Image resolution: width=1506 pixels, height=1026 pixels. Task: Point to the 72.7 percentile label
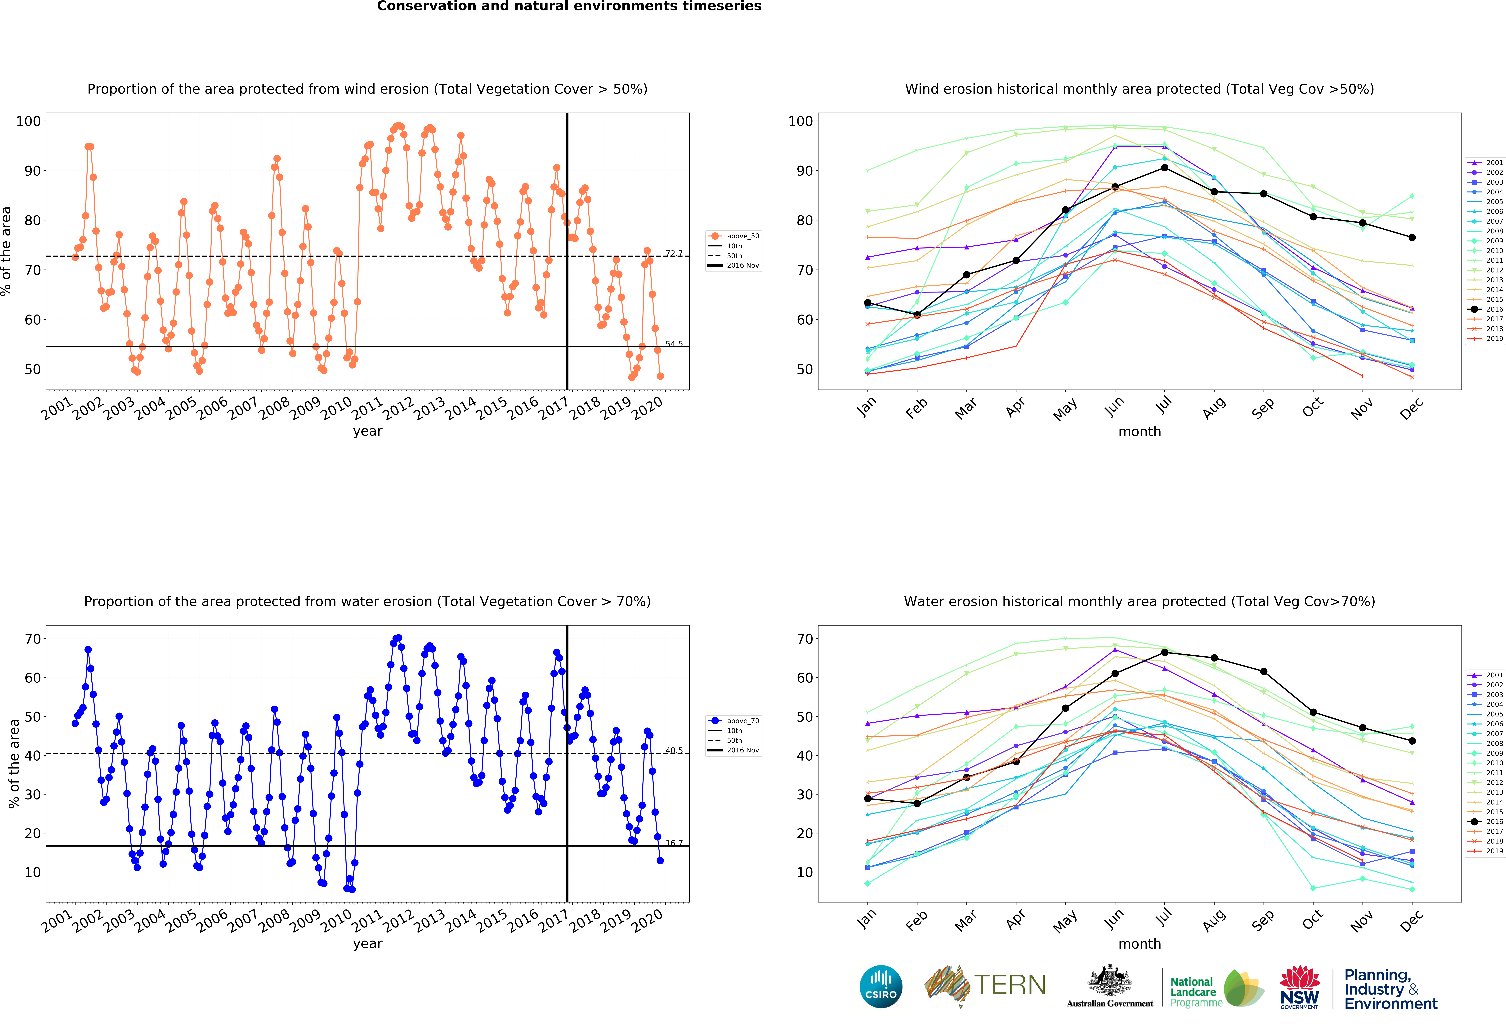click(674, 253)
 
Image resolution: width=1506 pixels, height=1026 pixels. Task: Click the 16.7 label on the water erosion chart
click(674, 843)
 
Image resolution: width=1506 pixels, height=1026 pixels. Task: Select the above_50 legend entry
click(734, 236)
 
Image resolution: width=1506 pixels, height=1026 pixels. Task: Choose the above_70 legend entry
click(734, 720)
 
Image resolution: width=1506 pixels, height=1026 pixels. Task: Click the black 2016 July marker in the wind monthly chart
click(1165, 168)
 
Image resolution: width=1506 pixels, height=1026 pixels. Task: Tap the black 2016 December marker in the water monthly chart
click(1412, 740)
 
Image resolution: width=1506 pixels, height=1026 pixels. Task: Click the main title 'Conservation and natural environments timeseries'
click(569, 6)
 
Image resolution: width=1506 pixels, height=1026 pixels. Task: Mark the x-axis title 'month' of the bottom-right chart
click(1139, 944)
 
